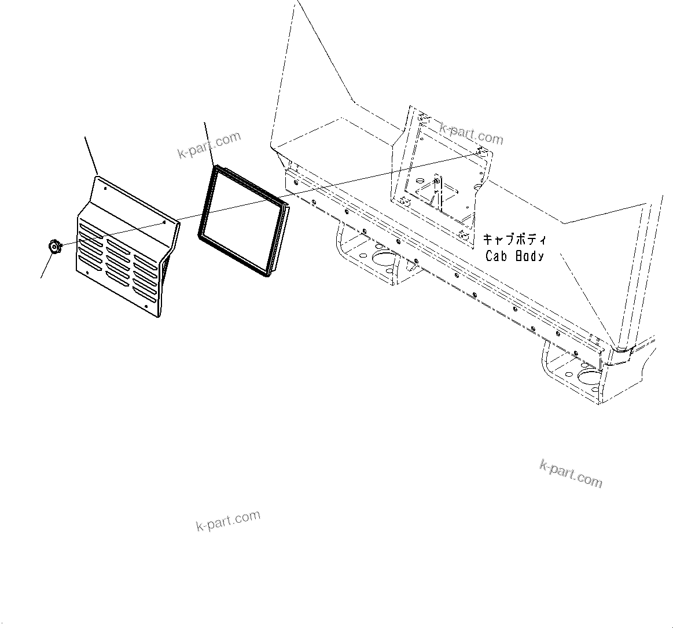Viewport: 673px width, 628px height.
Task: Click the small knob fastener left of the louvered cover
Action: (x=54, y=247)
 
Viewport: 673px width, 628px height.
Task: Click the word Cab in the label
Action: (x=496, y=256)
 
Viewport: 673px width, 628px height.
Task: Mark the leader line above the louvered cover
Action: (x=91, y=155)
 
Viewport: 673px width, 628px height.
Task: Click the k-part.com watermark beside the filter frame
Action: (x=209, y=145)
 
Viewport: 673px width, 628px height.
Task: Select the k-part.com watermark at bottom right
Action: (x=571, y=473)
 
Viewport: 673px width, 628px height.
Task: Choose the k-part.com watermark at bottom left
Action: (x=228, y=520)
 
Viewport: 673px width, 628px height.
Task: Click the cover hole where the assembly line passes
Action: (x=164, y=221)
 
